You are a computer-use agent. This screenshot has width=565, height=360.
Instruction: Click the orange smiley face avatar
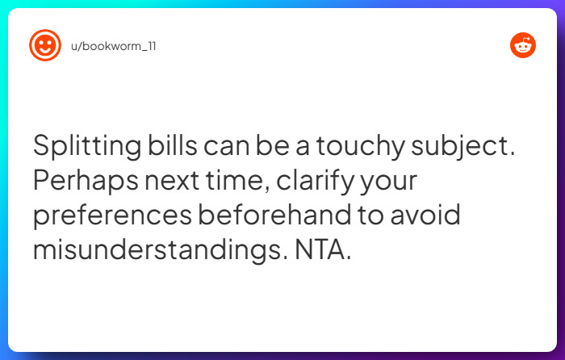(x=45, y=46)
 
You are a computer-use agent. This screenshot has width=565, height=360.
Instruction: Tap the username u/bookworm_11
(x=113, y=46)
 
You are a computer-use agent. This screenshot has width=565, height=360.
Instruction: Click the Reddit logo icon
(x=523, y=46)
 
